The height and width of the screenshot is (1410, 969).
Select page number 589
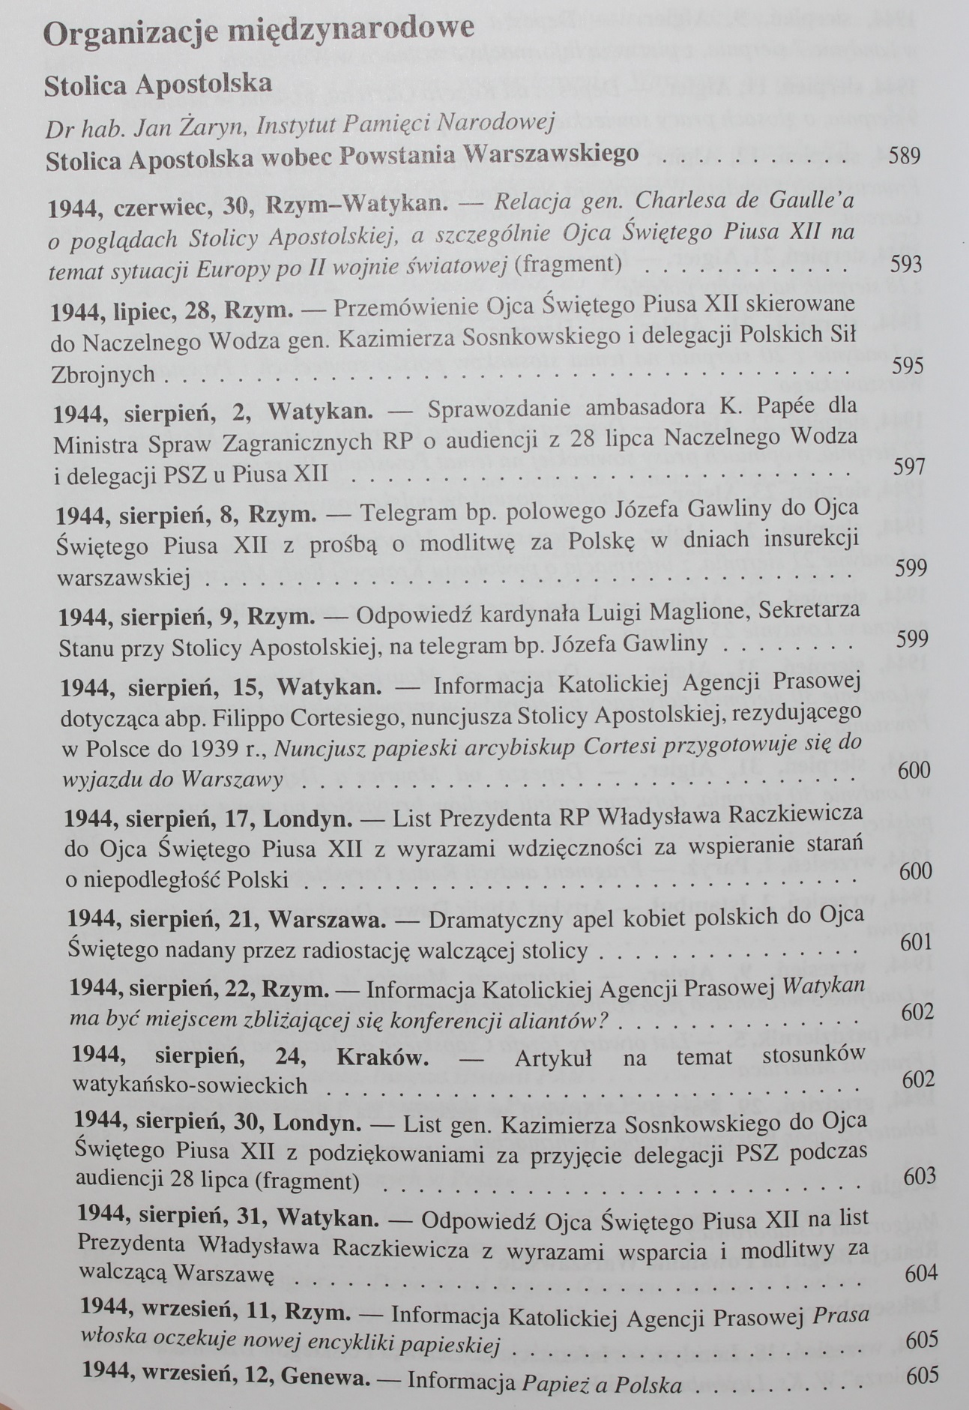point(904,156)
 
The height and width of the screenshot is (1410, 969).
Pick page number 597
point(909,467)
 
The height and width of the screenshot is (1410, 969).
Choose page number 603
point(920,1176)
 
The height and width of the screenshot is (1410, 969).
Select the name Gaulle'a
point(814,202)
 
